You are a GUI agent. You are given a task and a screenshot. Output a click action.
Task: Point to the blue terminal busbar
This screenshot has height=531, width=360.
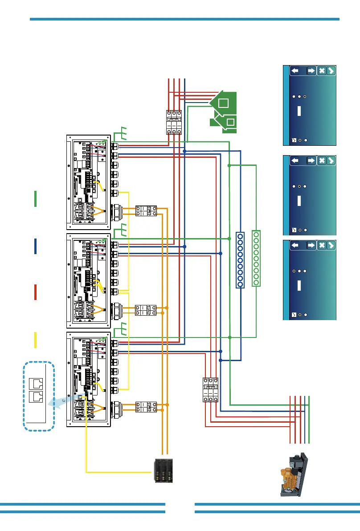(x=240, y=260)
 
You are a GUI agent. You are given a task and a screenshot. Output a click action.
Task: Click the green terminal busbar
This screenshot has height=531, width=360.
(x=256, y=258)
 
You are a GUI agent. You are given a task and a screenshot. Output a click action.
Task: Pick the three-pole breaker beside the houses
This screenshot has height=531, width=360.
(x=173, y=122)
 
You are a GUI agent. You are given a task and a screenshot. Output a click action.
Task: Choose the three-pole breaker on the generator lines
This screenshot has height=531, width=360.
(x=210, y=390)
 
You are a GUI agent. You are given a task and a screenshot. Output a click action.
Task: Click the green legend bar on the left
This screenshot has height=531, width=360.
(x=35, y=198)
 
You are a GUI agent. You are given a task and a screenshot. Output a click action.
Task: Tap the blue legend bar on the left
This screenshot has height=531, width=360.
(x=35, y=247)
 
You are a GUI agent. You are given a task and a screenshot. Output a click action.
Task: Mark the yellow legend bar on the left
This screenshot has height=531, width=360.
(x=35, y=340)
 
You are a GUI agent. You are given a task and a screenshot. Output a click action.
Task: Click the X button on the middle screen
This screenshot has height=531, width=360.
(x=322, y=161)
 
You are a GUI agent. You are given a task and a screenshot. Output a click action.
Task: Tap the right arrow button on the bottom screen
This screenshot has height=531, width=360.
(x=311, y=245)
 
